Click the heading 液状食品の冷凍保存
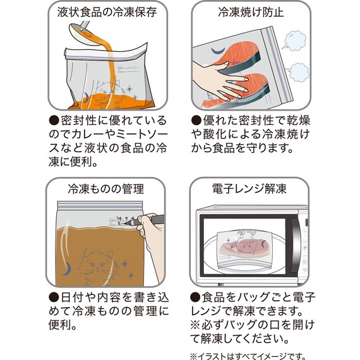pyautogui.click(x=105, y=12)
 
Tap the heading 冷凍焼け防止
pyautogui.click(x=252, y=12)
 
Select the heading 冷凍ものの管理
pyautogui.click(x=105, y=188)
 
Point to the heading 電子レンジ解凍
pyautogui.click(x=251, y=188)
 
